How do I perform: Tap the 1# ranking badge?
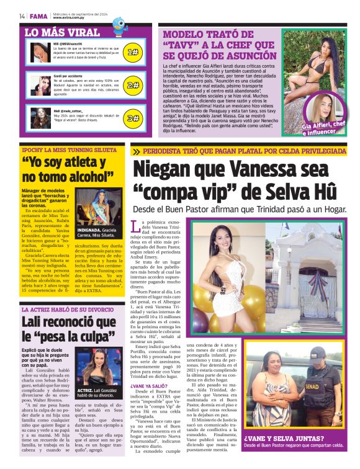pos(132,53)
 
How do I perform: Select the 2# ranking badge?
pos(132,86)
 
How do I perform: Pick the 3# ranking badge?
pos(132,118)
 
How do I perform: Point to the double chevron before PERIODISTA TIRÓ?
pos(136,151)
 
